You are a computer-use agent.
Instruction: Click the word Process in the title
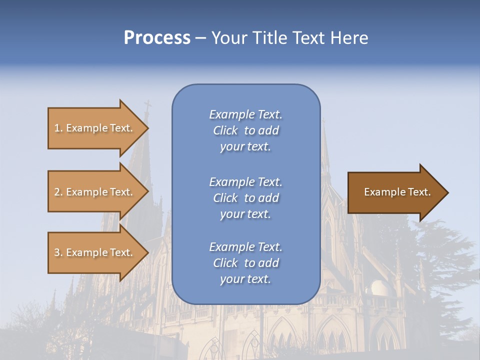pyautogui.click(x=157, y=38)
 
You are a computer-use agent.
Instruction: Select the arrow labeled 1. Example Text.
pyautogui.click(x=95, y=128)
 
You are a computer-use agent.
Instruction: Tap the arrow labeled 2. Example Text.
pyautogui.click(x=95, y=192)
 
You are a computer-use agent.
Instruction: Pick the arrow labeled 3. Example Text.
pyautogui.click(x=95, y=252)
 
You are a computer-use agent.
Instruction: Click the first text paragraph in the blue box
pyautogui.click(x=245, y=130)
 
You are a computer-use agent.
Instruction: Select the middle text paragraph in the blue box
pyautogui.click(x=245, y=198)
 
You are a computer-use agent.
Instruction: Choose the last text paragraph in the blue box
pyautogui.click(x=245, y=263)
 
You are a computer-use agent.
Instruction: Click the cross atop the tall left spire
pyautogui.click(x=147, y=106)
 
